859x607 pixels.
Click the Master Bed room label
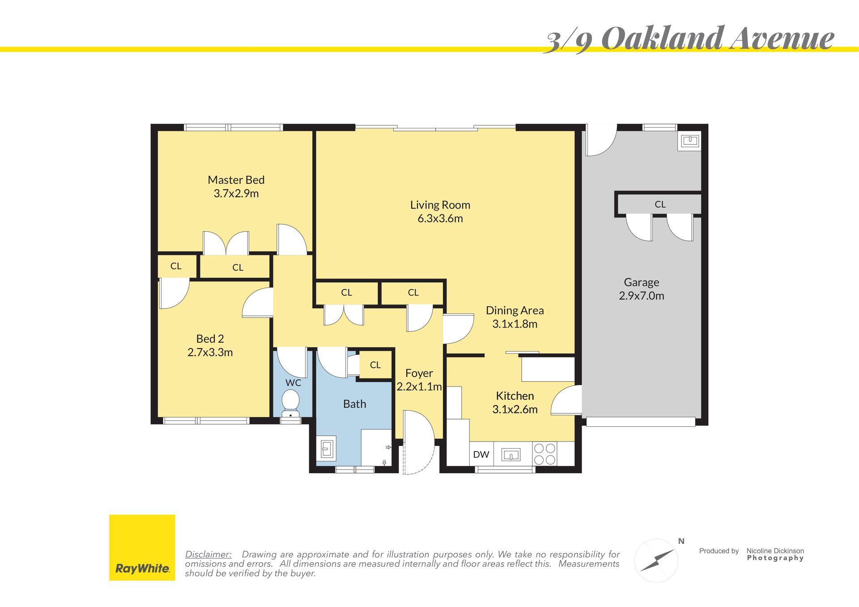click(x=236, y=180)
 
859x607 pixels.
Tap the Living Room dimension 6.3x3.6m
click(x=440, y=219)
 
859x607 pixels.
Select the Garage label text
click(x=641, y=283)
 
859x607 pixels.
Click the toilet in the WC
click(x=291, y=403)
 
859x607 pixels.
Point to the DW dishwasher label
click(x=481, y=454)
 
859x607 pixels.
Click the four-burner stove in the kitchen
click(x=544, y=454)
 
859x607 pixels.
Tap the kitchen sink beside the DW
click(x=510, y=455)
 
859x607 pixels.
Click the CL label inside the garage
click(x=660, y=204)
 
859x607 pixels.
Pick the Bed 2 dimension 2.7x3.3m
click(x=210, y=352)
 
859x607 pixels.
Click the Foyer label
click(x=419, y=374)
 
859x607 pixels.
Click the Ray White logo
click(x=142, y=548)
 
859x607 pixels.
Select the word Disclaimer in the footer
click(x=208, y=554)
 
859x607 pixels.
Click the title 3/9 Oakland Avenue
click(x=689, y=39)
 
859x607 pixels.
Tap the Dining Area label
click(x=515, y=310)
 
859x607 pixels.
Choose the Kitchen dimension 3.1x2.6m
click(x=515, y=410)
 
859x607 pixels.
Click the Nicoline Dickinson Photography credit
click(x=775, y=554)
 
